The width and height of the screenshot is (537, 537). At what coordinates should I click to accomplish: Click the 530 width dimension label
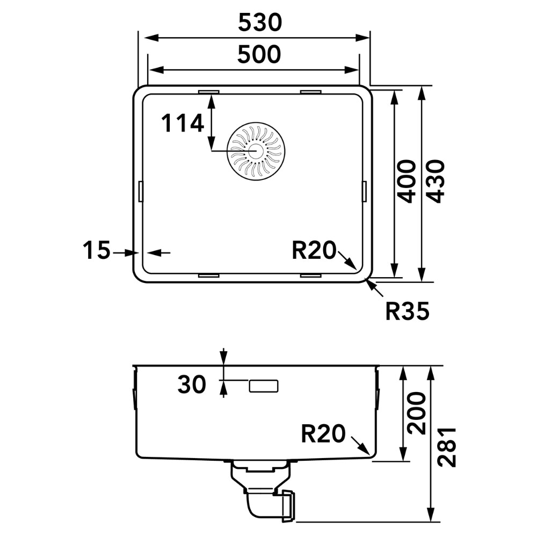pos(260,23)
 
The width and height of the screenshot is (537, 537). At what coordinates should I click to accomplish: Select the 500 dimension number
pos(259,54)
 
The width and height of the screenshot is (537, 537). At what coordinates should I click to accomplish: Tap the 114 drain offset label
pos(182,124)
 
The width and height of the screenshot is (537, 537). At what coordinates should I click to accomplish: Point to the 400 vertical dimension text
pos(407,181)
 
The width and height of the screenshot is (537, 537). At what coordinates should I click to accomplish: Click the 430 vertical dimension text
pos(436,181)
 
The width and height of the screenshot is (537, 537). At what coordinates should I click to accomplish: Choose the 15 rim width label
pos(97,250)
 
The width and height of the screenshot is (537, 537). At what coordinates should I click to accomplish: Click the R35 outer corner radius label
pos(407,311)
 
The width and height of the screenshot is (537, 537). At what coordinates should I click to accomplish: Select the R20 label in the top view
pos(314,250)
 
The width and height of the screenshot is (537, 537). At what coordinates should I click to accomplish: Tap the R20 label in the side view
pos(323,433)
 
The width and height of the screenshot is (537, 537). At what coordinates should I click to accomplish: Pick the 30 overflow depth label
pos(192,384)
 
